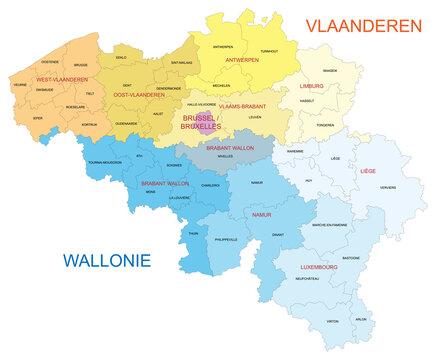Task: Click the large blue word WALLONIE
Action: [x=106, y=261]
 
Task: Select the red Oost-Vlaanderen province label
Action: [x=137, y=95]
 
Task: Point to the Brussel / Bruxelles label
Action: [x=202, y=123]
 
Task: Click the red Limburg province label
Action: [x=313, y=87]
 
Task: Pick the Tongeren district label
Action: [x=325, y=125]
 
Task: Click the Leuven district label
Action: [x=253, y=117]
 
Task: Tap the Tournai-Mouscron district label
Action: [x=104, y=162]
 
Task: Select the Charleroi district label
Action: [x=210, y=185]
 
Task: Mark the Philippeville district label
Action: [x=226, y=240]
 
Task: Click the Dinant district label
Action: [x=279, y=234]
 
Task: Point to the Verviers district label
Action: [x=374, y=188]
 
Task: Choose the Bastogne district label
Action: [x=352, y=257]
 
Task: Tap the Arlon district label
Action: [x=361, y=319]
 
